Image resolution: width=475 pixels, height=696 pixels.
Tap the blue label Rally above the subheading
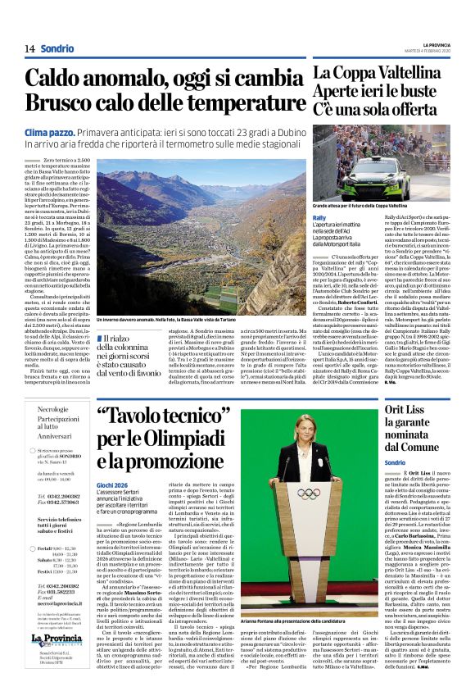tap(324, 217)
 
